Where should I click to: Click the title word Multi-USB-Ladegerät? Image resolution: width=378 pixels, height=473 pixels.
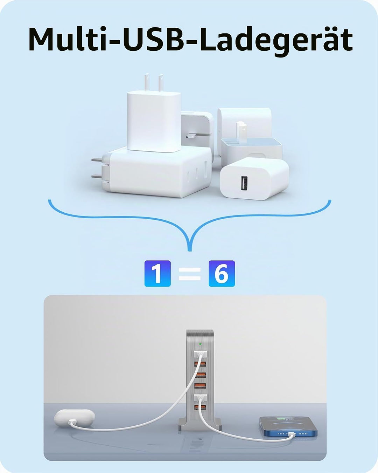coord(190,41)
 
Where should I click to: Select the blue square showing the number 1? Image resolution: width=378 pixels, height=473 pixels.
coord(157,273)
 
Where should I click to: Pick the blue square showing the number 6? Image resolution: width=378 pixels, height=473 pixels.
coord(222,273)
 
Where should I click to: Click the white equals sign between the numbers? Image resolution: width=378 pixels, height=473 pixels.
coord(190,274)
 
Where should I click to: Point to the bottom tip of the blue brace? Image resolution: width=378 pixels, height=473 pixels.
coord(190,251)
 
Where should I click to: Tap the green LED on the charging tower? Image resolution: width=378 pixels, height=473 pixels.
coord(200,344)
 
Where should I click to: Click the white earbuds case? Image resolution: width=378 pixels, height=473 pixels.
coord(74,418)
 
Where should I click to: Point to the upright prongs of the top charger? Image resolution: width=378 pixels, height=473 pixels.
coord(154,83)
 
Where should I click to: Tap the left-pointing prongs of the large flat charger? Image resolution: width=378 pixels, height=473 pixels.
coord(97,168)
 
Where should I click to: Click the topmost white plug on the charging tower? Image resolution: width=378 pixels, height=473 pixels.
coord(200,354)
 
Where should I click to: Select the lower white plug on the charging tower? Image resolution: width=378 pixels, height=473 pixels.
coord(200,397)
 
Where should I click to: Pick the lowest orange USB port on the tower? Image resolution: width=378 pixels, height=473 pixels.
coord(200,407)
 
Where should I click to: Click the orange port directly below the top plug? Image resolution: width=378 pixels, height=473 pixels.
coord(200,364)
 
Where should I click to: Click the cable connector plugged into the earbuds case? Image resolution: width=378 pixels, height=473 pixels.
coord(72,422)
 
